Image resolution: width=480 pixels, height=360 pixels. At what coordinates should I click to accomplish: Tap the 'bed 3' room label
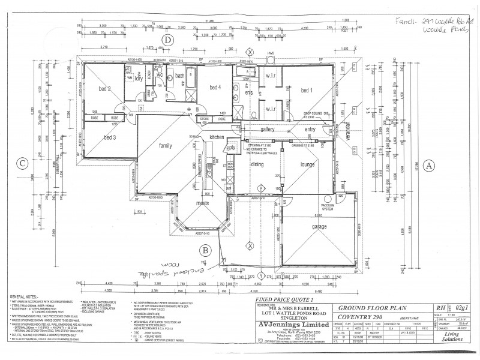(x=109, y=137)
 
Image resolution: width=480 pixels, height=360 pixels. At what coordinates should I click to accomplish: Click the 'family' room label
(x=166, y=145)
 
